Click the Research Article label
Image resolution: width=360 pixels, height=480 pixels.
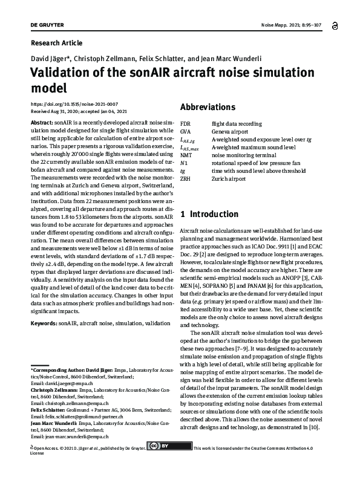56,43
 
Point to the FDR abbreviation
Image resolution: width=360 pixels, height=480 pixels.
186,123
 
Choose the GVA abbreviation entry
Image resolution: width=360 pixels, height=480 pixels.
186,131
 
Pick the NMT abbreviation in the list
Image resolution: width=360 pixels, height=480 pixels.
186,155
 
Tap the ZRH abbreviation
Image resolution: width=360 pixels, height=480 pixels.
186,179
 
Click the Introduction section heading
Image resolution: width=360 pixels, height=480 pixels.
209,214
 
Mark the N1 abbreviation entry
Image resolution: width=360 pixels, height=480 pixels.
184,163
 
